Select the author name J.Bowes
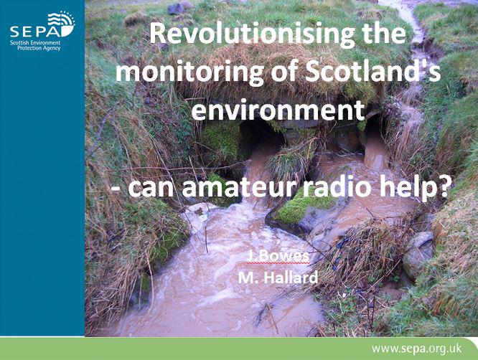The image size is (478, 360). coord(278,256)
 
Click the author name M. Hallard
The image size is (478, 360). coord(278,278)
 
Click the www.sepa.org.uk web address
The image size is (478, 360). coord(416,349)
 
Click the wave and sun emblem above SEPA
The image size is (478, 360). coord(62,22)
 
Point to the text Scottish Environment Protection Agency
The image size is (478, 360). coord(35,45)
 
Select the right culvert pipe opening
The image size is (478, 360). coord(373,131)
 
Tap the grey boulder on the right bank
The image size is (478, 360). coord(418,253)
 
